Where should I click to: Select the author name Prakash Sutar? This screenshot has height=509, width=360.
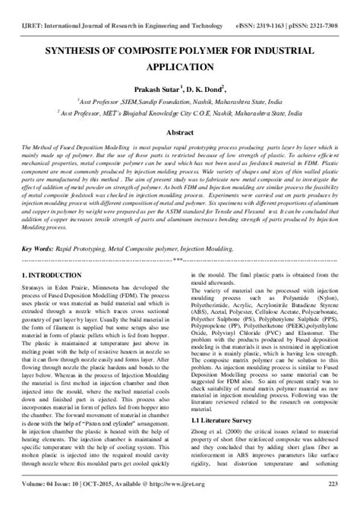[150, 88]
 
